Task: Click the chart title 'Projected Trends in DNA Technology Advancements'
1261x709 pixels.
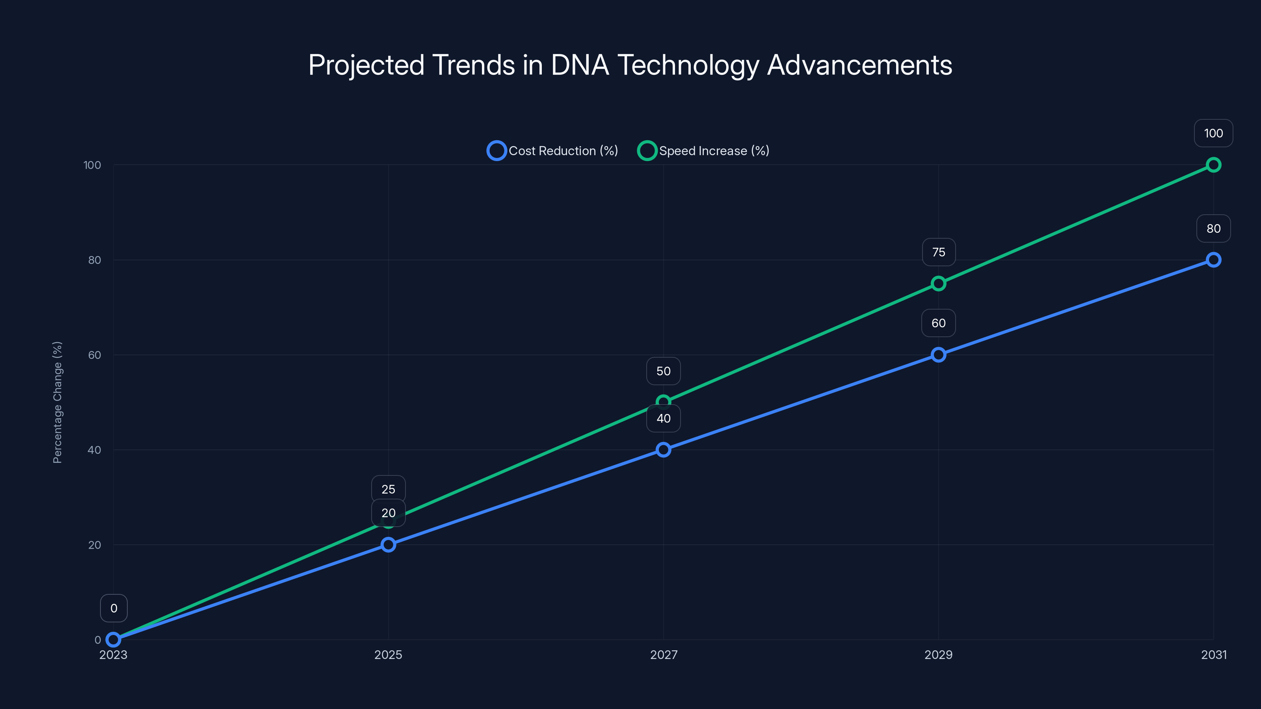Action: click(630, 65)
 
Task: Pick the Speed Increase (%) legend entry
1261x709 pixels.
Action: click(703, 151)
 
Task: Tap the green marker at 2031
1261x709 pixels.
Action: click(1213, 165)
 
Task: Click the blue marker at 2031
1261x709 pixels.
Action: click(1213, 260)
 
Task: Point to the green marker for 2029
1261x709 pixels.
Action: click(938, 283)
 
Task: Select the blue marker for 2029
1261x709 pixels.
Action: click(938, 355)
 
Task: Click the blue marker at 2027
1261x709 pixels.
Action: click(663, 450)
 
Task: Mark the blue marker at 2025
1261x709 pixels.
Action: click(388, 545)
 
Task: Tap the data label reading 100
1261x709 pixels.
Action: click(1213, 133)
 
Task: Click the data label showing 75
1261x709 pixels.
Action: click(938, 252)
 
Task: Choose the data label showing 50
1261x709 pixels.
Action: click(663, 371)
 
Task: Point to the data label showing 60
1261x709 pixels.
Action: click(938, 323)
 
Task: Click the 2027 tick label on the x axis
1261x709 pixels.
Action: click(663, 655)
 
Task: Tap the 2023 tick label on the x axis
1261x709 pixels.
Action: click(113, 655)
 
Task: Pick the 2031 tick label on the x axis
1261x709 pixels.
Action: click(1214, 655)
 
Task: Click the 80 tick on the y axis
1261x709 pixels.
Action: click(95, 260)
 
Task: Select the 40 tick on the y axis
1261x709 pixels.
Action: click(95, 450)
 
